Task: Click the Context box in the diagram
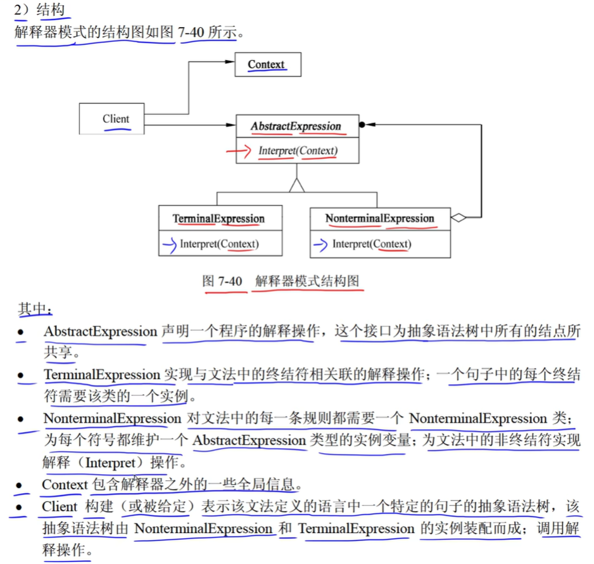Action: [x=267, y=64]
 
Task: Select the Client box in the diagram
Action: [x=112, y=119]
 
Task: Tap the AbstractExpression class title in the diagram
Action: [x=296, y=126]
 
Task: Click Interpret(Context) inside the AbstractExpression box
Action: [x=298, y=151]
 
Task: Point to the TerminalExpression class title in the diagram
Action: [x=219, y=219]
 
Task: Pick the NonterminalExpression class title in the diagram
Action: [x=380, y=219]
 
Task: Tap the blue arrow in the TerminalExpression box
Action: [x=168, y=244]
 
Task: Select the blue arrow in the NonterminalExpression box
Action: [x=321, y=244]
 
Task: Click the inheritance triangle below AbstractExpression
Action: [x=296, y=184]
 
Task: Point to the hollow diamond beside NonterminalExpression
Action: [x=458, y=218]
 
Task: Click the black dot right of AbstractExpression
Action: [x=362, y=125]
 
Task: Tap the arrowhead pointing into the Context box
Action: [x=230, y=61]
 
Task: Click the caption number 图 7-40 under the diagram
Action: [x=222, y=281]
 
